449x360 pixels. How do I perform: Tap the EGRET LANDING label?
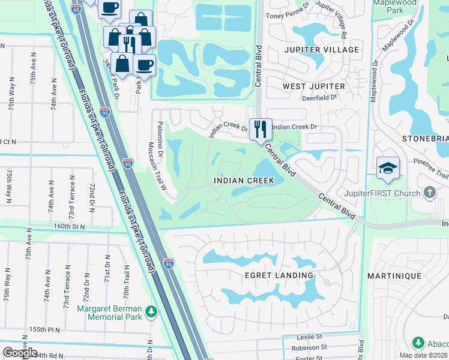click(x=279, y=275)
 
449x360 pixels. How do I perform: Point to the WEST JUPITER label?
click(x=314, y=86)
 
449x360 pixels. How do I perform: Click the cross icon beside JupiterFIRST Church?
click(x=429, y=193)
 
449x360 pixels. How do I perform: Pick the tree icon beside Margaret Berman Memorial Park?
click(x=152, y=312)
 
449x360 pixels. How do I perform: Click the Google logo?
click(x=20, y=352)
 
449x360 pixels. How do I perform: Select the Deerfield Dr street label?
click(x=317, y=98)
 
